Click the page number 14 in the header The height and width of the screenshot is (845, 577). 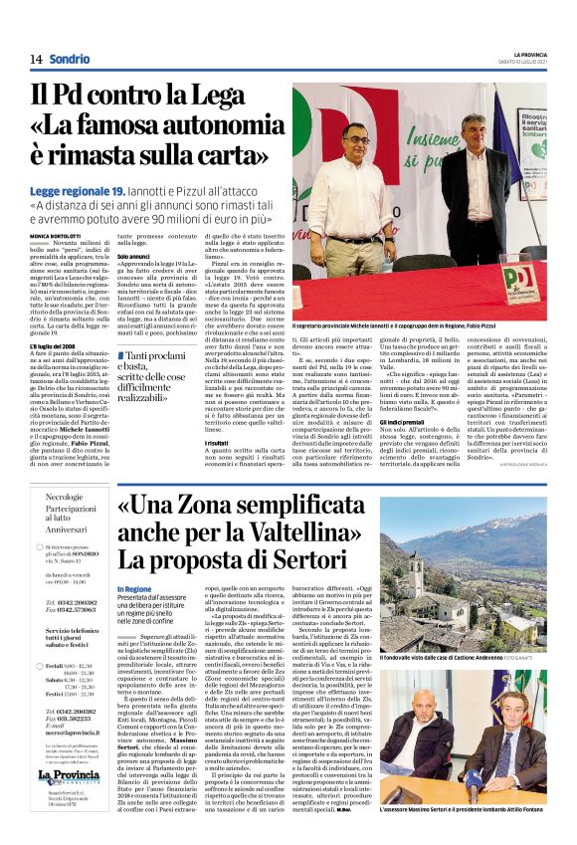(x=35, y=60)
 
